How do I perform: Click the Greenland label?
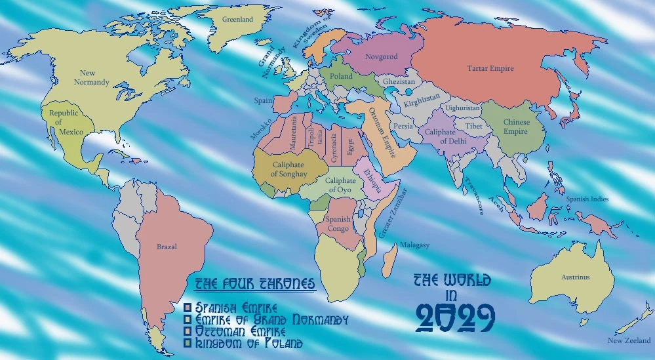coord(237,20)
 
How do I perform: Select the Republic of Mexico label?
coord(64,123)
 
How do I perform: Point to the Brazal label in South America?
coord(167,247)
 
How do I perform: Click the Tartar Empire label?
coord(490,68)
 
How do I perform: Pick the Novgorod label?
coord(382,57)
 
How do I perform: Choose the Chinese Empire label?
coord(515,127)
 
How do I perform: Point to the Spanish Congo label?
coord(338,224)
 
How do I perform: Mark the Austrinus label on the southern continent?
coord(575,277)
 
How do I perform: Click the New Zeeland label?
coord(629,340)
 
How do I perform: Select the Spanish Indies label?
coord(587,199)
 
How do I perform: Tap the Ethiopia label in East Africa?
coord(372,178)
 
